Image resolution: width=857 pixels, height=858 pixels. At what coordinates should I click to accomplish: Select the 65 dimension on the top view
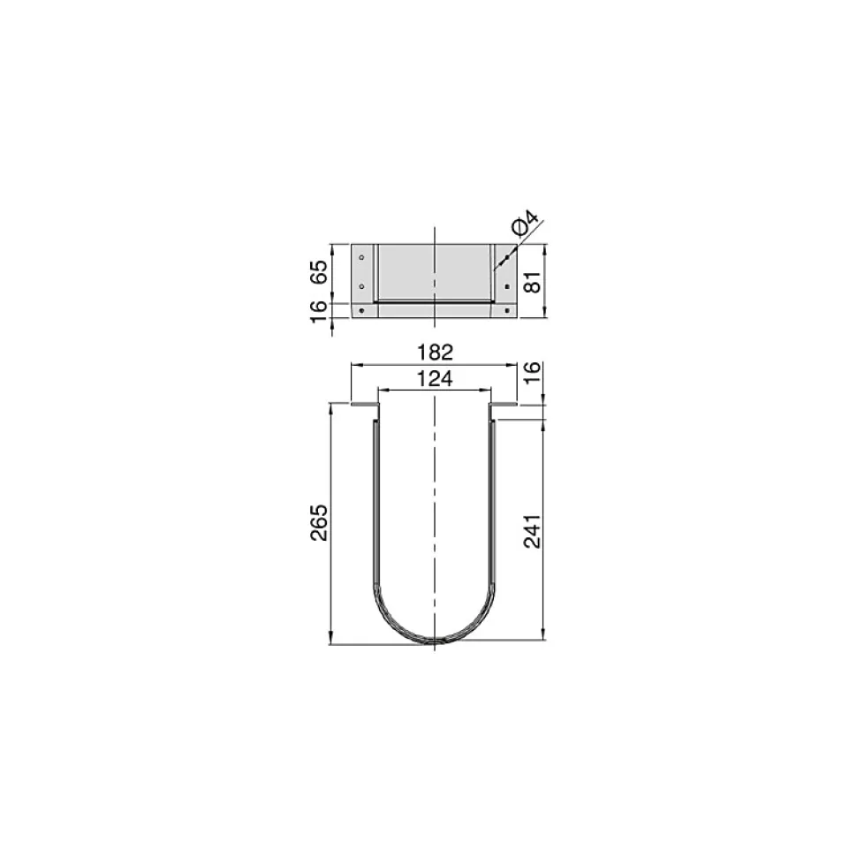coord(319,271)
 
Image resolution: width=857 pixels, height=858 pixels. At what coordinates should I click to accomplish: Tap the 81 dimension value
coord(534,282)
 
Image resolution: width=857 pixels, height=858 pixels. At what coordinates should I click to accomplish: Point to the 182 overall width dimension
coord(435,353)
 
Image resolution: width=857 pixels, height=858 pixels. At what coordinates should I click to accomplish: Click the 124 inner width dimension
coord(435,379)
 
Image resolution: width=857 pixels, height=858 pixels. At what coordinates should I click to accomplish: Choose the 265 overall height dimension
coord(319,523)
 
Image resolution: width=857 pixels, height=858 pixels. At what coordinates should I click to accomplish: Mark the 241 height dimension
coord(533,531)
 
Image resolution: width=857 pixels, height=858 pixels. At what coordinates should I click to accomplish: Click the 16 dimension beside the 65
coord(319,311)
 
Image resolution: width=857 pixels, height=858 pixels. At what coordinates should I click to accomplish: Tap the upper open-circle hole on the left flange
coord(361,257)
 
